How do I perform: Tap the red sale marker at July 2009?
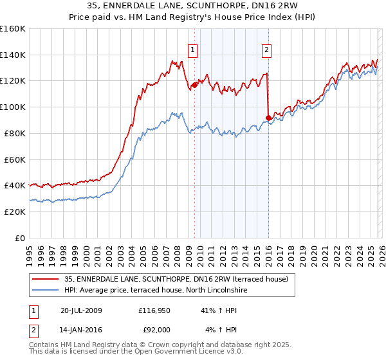(x=194, y=84)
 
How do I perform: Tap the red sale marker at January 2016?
(x=268, y=117)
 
